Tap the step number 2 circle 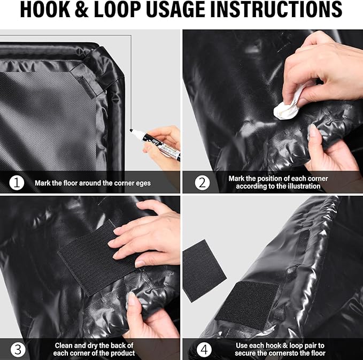[x=202, y=182]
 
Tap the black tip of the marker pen [x=132, y=130]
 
